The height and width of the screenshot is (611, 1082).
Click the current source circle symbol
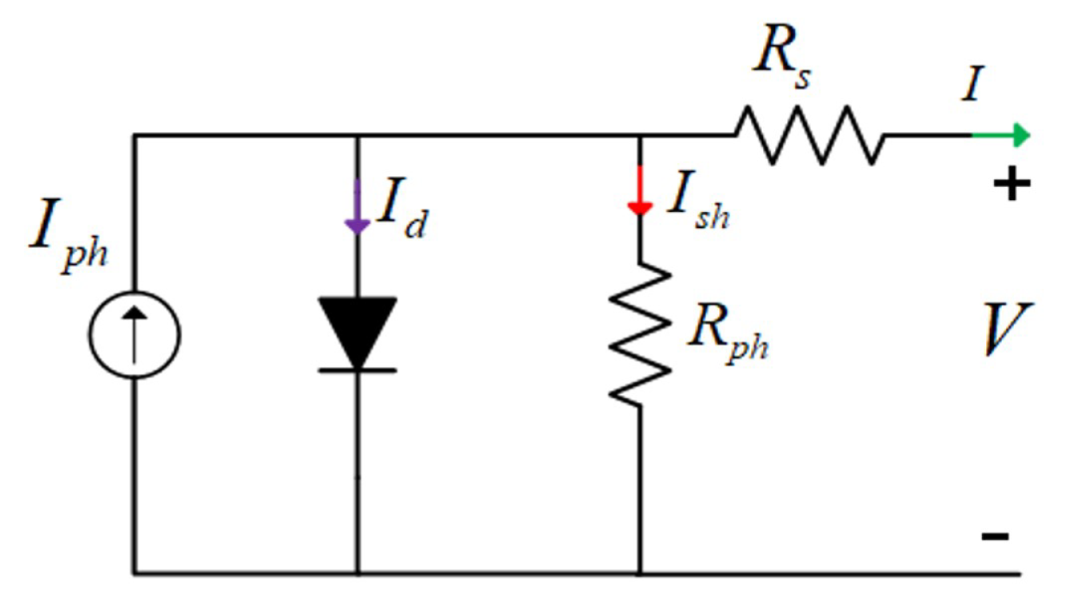coord(134,335)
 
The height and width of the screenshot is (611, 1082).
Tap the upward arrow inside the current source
coord(134,334)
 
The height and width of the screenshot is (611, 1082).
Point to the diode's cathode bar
coord(357,370)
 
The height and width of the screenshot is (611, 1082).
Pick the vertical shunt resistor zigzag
coord(639,332)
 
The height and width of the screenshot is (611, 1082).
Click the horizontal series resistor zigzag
coord(810,136)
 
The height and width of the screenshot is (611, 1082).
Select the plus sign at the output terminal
coord(1011,186)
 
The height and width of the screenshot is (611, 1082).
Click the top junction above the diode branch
coord(357,136)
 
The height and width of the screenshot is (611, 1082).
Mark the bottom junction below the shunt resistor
coord(639,573)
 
